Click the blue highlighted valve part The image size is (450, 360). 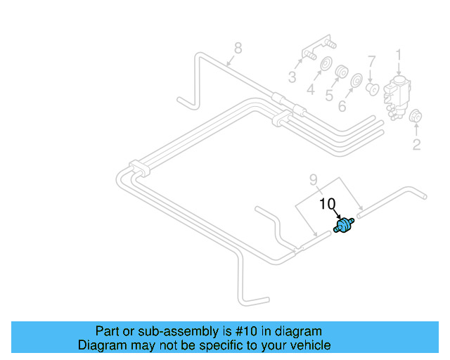point(343,226)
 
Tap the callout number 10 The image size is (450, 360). point(328,205)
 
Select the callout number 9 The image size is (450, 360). point(314,179)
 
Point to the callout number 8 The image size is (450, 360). point(238,49)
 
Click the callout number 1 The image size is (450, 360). point(398,54)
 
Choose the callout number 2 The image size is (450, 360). point(416,145)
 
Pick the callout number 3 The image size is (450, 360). point(291,77)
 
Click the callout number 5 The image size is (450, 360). point(328,96)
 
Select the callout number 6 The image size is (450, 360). point(342,106)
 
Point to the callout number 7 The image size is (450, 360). point(373,61)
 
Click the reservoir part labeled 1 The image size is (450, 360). point(398,91)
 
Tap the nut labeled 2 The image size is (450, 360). point(415,117)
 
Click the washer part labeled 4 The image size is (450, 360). point(326,67)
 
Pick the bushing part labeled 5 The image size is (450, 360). point(342,72)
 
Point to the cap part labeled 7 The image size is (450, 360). point(373,89)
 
